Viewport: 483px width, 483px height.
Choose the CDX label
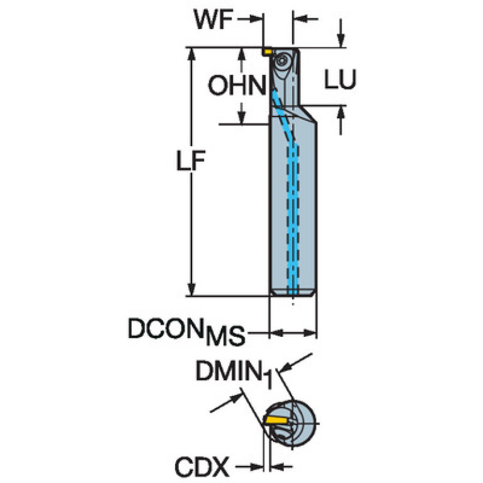pyautogui.click(x=202, y=467)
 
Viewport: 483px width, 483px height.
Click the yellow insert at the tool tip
pyautogui.click(x=267, y=49)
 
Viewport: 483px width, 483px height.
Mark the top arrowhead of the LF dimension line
pyautogui.click(x=191, y=53)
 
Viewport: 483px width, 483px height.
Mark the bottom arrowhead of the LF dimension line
pyautogui.click(x=191, y=290)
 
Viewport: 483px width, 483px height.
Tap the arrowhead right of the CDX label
pyautogui.click(x=259, y=467)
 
